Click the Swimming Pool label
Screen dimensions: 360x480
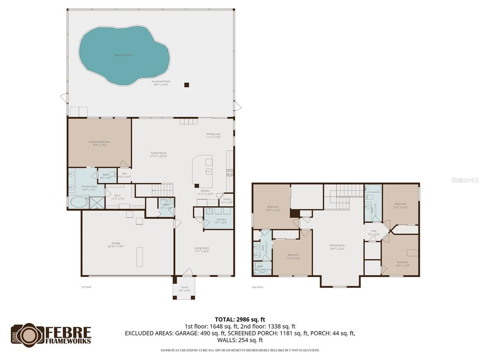pos(123,55)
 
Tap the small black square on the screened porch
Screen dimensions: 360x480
pos(187,85)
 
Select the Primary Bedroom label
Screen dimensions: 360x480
pos(99,142)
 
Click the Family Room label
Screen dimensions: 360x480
pos(158,153)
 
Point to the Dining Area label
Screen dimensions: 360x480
pos(213,134)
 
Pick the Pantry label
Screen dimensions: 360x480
pos(227,199)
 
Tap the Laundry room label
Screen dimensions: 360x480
pos(221,219)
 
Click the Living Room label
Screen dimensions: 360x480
pos(202,248)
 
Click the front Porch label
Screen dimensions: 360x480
pos(184,287)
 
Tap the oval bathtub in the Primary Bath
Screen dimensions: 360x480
pos(78,203)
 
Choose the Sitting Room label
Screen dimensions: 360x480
pos(337,245)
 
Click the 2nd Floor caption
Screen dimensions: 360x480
pos(257,287)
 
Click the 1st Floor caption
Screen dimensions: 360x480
pos(86,287)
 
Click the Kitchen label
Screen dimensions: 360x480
pos(205,191)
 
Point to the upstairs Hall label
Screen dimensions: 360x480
pos(374,231)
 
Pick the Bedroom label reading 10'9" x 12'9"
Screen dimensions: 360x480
pos(402,262)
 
